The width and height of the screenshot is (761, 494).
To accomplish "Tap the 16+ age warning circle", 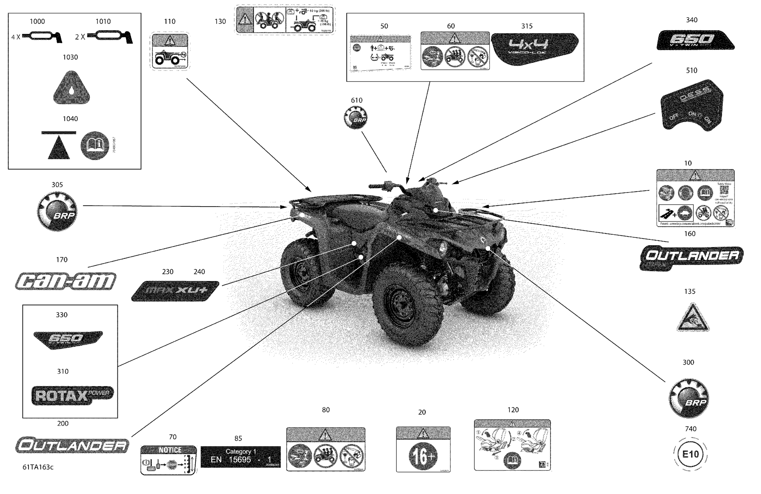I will point(422,456).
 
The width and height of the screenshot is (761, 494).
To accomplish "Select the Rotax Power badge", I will point(72,395).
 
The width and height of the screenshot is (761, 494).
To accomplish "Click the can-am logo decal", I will point(65,281).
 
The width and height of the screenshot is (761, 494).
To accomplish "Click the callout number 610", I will point(356,100).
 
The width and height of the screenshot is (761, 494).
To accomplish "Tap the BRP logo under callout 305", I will point(57,211).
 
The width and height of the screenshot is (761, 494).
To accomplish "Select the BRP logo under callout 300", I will point(689,398).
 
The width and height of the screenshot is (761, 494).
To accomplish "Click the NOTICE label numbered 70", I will point(168,460).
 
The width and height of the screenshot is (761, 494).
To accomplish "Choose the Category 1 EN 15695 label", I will point(240,457).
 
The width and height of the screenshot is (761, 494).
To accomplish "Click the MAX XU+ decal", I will point(175,291).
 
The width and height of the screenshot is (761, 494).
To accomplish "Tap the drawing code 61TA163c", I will point(38,467).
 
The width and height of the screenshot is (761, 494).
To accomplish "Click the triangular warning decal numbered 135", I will point(693,318).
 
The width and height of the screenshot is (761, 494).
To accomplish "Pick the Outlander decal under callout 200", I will point(72,445).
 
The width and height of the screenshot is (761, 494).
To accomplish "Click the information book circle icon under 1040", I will point(95,145).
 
